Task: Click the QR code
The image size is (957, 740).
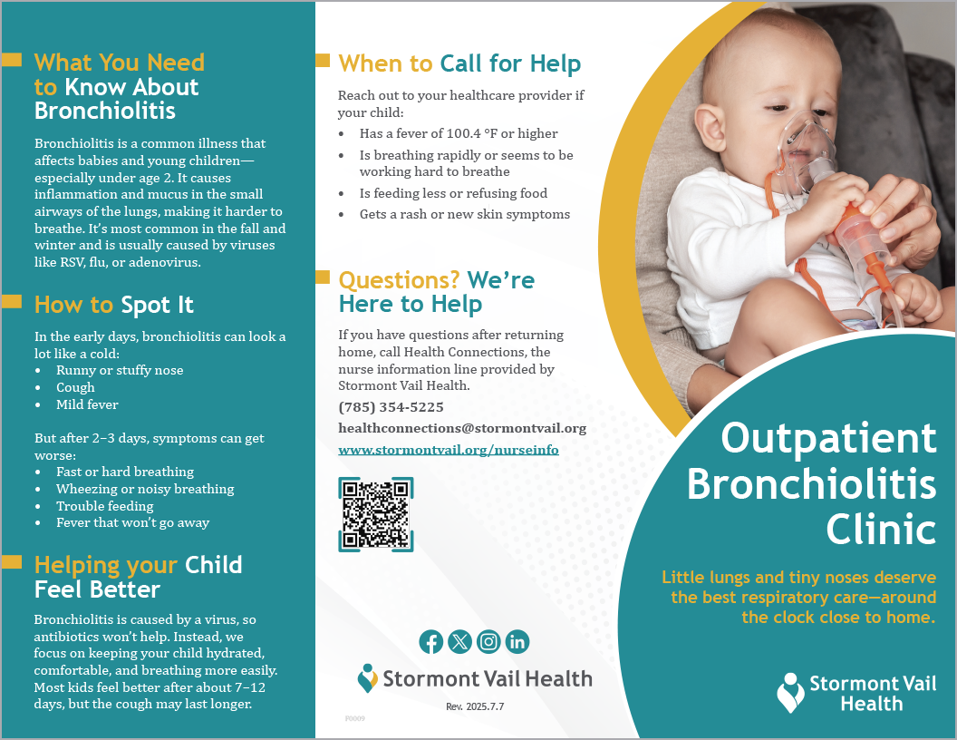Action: click(376, 515)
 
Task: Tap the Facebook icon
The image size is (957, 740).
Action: click(430, 642)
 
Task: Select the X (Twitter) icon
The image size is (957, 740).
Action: click(459, 642)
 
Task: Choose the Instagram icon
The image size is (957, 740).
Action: click(488, 642)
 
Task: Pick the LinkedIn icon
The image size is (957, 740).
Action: click(517, 642)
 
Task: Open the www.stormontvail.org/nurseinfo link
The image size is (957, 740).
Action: click(449, 450)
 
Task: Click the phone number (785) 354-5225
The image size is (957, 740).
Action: click(391, 407)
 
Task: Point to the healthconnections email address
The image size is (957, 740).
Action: click(462, 429)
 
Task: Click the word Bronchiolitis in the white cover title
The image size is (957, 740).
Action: click(812, 484)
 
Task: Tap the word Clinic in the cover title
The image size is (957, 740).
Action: click(881, 529)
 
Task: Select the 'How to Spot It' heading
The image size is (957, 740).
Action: click(114, 305)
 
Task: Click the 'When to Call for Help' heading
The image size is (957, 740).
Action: click(459, 63)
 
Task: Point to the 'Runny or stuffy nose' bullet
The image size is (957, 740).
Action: click(120, 370)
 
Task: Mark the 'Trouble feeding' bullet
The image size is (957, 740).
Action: click(105, 506)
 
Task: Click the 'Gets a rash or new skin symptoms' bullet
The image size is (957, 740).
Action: click(465, 214)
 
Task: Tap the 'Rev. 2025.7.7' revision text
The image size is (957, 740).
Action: click(475, 706)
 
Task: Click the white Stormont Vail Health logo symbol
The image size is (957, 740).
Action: click(790, 692)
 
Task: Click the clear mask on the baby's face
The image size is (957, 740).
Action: click(807, 151)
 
